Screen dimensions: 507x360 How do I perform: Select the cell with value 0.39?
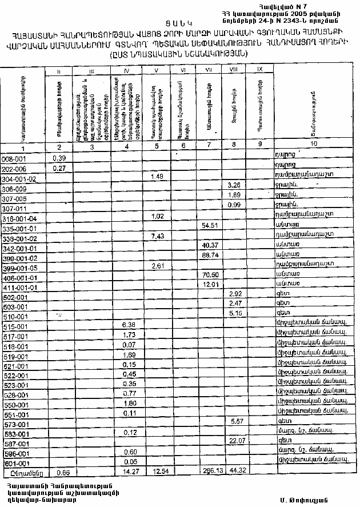[x=59, y=158]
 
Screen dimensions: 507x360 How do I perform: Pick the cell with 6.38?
[x=129, y=324]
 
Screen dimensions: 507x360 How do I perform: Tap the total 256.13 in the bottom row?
[x=211, y=471]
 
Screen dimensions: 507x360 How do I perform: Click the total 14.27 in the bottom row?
[x=129, y=471]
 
